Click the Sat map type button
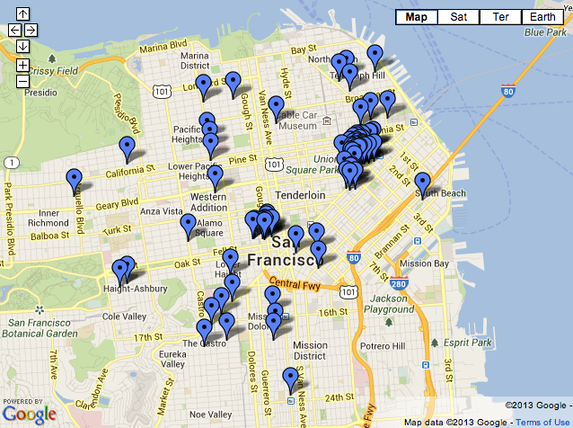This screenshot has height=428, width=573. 458,17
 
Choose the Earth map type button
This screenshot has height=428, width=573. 542,17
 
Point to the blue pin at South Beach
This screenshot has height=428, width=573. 422,184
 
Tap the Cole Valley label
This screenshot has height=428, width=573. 124,317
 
